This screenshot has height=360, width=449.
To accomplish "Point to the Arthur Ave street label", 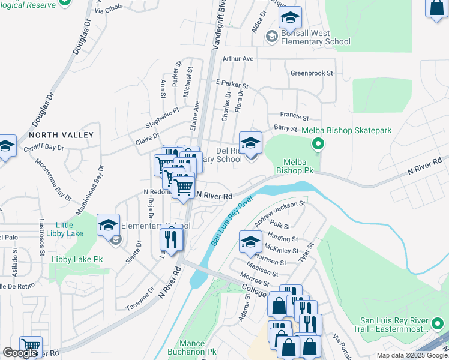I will pyautogui.click(x=238, y=59).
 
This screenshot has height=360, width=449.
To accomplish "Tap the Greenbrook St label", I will pyautogui.click(x=312, y=73).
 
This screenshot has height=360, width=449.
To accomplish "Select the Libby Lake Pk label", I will pyautogui.click(x=77, y=259).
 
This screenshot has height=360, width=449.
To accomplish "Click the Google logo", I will pyautogui.click(x=19, y=353).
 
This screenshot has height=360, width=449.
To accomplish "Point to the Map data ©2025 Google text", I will pyautogui.click(x=411, y=355).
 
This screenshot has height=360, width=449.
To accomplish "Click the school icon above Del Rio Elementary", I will pyautogui.click(x=250, y=143).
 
